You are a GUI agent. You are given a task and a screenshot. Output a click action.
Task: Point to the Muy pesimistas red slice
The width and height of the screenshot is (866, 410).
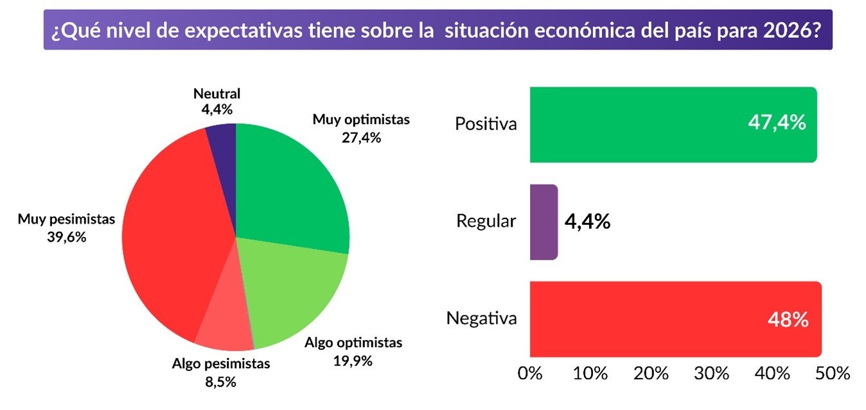173,238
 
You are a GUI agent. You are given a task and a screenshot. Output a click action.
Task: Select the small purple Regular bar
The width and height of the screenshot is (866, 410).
543,222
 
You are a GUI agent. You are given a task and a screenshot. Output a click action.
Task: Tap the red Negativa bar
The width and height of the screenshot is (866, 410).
642,319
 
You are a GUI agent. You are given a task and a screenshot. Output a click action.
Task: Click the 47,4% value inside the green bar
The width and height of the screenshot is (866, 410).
776,123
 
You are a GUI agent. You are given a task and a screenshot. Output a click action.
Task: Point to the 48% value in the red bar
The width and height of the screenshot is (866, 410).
788,319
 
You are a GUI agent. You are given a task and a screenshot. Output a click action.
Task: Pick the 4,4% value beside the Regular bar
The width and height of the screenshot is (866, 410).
587,222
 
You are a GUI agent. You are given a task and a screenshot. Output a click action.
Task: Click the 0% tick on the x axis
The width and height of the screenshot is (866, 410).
531,373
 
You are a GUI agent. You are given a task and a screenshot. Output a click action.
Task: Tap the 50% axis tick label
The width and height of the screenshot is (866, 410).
835,373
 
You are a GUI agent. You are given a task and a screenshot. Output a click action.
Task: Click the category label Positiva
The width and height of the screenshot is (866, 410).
486,123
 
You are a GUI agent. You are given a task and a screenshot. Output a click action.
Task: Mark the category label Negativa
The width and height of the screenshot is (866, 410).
481,318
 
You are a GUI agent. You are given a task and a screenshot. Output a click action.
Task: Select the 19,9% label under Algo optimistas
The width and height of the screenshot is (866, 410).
353,360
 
